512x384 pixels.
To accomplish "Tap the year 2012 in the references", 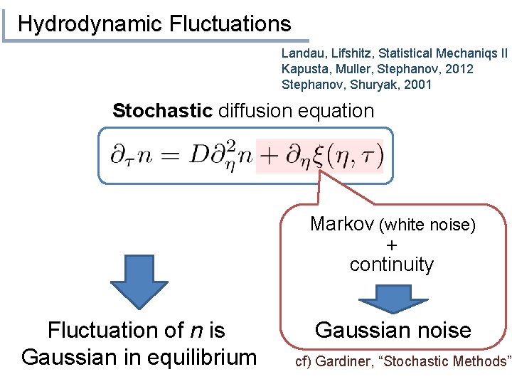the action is (459, 69).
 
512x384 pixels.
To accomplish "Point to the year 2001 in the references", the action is (417, 85).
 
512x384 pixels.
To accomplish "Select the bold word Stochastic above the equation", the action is (162, 111).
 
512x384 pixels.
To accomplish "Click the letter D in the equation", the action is (199, 154).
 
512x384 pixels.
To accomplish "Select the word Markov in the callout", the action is (343, 225).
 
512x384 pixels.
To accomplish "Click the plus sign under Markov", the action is (391, 245).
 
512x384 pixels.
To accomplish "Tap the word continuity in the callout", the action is (391, 265).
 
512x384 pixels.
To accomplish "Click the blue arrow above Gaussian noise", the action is (391, 298).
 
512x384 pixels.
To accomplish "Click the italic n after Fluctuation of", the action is (194, 330).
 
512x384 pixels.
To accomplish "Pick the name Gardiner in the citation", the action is (346, 362).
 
